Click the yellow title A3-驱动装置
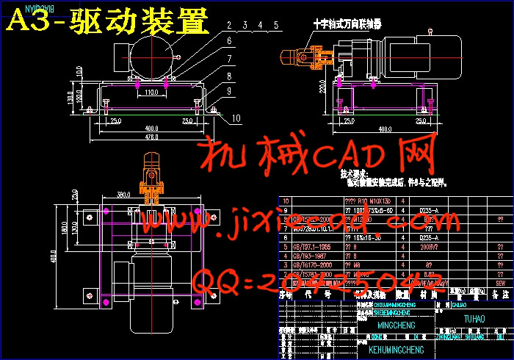click(x=107, y=22)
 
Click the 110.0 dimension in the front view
click(x=152, y=93)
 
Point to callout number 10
click(x=236, y=117)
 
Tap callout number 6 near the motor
click(x=229, y=40)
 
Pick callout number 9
click(x=230, y=91)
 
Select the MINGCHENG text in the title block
click(x=395, y=325)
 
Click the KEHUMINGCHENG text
click(x=395, y=349)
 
